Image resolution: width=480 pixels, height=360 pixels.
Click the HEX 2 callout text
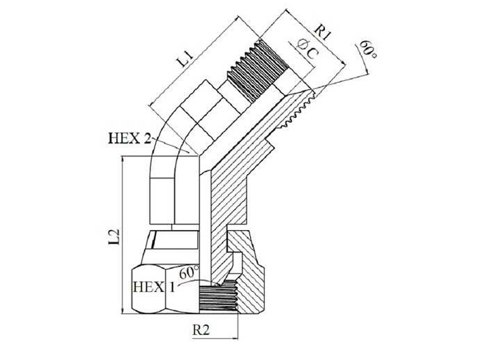click(130, 138)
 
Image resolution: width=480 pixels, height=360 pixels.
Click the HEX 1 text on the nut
click(154, 287)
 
